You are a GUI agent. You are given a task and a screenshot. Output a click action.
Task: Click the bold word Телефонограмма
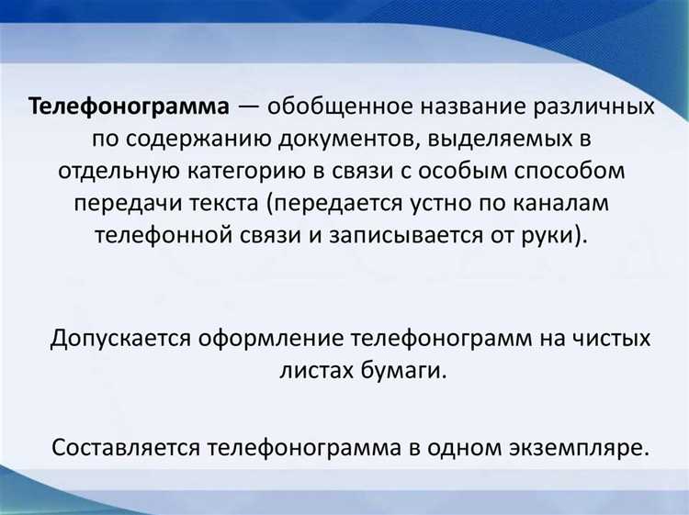pyautogui.click(x=129, y=107)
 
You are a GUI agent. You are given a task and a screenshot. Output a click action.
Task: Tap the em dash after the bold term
pyautogui.click(x=249, y=107)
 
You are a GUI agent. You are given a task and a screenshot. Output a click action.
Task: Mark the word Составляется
pyautogui.click(x=126, y=448)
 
